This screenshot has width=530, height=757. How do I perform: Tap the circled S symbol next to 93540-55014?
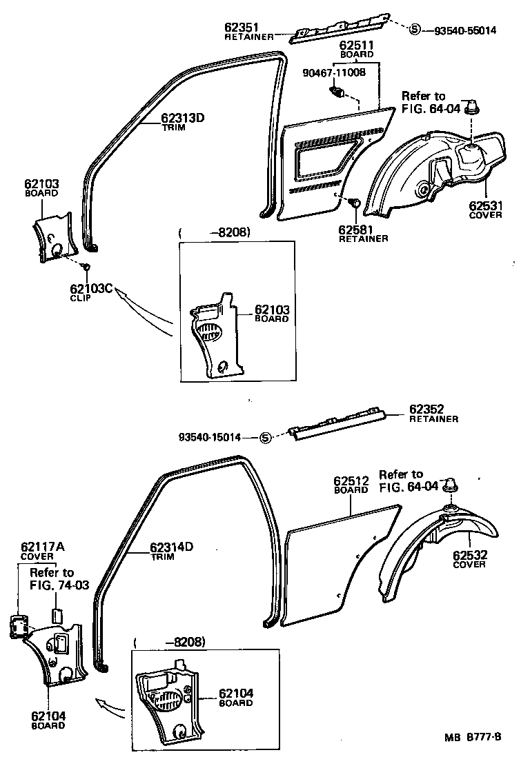tap(414, 30)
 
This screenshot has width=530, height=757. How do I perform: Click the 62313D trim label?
tap(183, 117)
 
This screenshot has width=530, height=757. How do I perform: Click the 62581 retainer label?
tap(355, 229)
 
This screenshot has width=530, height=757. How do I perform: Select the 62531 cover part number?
tap(485, 205)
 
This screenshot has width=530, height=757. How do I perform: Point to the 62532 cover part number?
tap(469, 555)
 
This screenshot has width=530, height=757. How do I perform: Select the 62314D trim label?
tap(172, 547)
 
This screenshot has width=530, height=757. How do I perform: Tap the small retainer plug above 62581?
tap(354, 203)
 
